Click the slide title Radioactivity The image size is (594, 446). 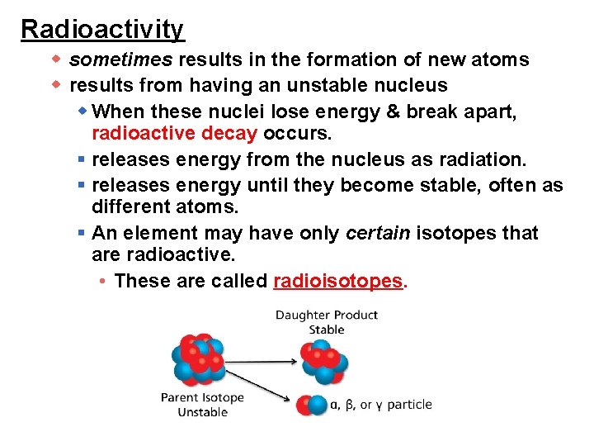click(102, 29)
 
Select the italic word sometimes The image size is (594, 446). click(121, 59)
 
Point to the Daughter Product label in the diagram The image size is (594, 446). click(326, 315)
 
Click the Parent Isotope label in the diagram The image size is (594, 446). click(202, 397)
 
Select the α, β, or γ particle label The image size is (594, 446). click(380, 405)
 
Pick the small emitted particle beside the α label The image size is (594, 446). click(313, 406)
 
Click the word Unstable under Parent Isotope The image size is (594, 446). click(202, 412)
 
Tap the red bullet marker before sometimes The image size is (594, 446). click(57, 59)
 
